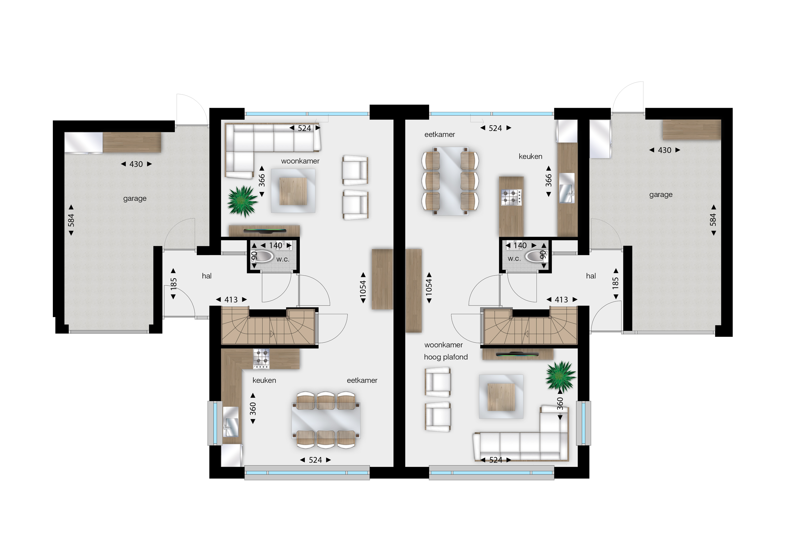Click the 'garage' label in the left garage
135,198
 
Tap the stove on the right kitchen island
511,197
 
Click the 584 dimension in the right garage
713,220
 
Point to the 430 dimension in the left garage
136,164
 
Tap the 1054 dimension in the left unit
363,288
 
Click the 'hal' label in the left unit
207,276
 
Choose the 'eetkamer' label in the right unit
440,135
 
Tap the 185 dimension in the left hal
174,284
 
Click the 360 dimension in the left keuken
253,408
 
